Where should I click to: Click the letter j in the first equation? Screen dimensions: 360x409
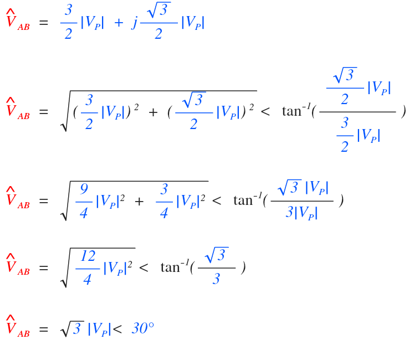pos(134,24)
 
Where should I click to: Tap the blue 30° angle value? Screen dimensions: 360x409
pos(142,328)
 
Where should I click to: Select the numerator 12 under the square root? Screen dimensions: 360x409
pos(88,256)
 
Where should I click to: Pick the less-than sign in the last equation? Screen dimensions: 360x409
pos(117,329)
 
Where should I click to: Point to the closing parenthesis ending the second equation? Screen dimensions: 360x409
pos(403,111)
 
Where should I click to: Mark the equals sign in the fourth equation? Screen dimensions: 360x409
pos(43,268)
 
